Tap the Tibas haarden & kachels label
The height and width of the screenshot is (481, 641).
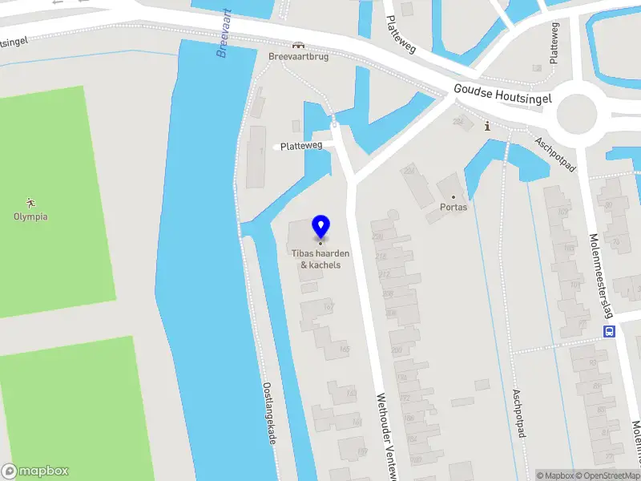pyautogui.click(x=320, y=259)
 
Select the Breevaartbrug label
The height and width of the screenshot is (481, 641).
pyautogui.click(x=297, y=58)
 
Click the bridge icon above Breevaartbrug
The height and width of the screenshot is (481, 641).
pyautogui.click(x=298, y=45)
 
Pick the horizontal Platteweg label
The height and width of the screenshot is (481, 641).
pyautogui.click(x=301, y=146)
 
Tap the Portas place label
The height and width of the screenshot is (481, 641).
pyautogui.click(x=454, y=207)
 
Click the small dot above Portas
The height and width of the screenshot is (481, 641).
pyautogui.click(x=454, y=196)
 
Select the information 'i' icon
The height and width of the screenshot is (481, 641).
pyautogui.click(x=488, y=126)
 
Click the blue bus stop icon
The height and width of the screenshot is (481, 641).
pyautogui.click(x=609, y=331)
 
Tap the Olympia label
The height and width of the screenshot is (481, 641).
pyautogui.click(x=30, y=216)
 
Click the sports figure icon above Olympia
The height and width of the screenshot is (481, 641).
pyautogui.click(x=30, y=203)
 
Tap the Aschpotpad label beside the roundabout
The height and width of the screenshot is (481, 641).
pyautogui.click(x=556, y=153)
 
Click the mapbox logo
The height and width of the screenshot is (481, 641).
pyautogui.click(x=36, y=471)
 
